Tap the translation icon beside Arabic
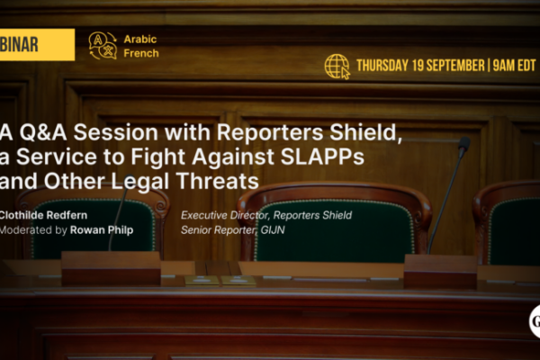point(103,45)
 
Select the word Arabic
point(141,38)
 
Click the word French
point(142,52)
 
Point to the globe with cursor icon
point(337,67)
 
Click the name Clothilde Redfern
point(49,216)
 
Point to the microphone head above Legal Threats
point(463,145)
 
